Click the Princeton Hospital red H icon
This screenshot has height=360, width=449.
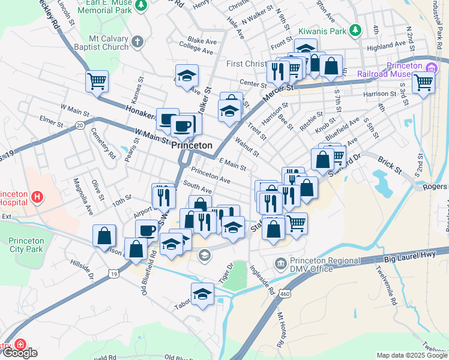point(37,196)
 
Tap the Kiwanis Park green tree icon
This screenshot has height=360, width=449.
point(355,29)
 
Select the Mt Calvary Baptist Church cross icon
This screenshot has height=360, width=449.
point(137,41)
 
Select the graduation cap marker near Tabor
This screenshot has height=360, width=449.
point(202,294)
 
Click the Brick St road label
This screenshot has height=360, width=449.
point(390,163)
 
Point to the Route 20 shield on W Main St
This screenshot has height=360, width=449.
point(80,125)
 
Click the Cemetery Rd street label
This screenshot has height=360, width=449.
point(103,143)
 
